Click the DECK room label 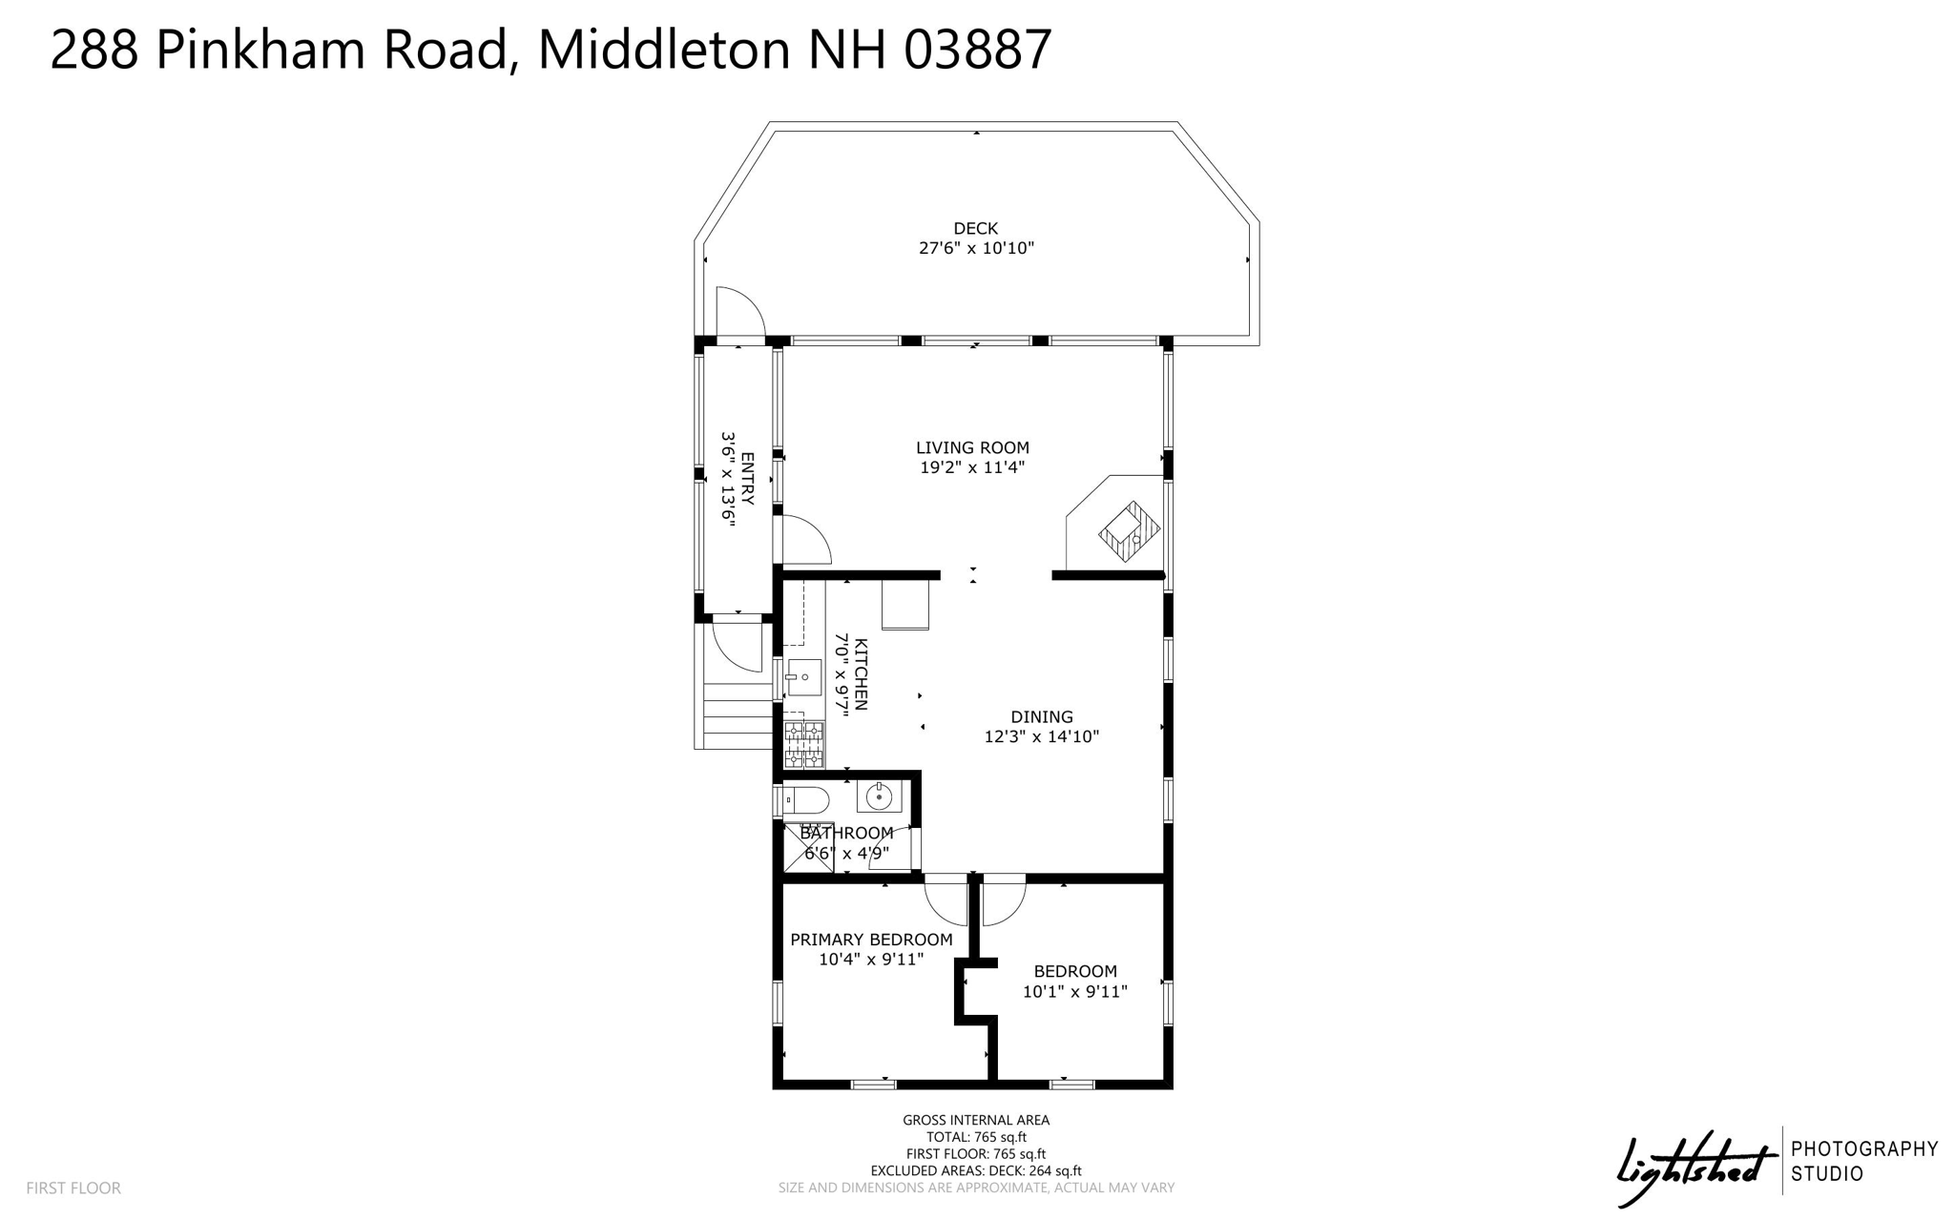click(x=975, y=229)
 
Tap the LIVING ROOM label click(x=972, y=447)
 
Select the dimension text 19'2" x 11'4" click(x=972, y=467)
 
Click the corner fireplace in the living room click(x=1129, y=530)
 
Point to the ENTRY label click(x=747, y=479)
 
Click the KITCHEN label click(x=861, y=674)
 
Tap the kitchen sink click(x=803, y=676)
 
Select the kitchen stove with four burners click(x=803, y=745)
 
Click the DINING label click(x=1042, y=716)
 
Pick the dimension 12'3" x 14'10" click(x=1042, y=736)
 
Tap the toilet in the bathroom click(x=803, y=800)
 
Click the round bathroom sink click(x=879, y=796)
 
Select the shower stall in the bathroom click(x=807, y=847)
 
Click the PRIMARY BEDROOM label click(x=871, y=940)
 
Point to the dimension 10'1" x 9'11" click(x=1075, y=991)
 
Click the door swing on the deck click(x=739, y=311)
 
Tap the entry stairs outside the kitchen click(x=737, y=716)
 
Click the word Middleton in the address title click(x=664, y=50)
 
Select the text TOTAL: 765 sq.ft click(x=976, y=1137)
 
